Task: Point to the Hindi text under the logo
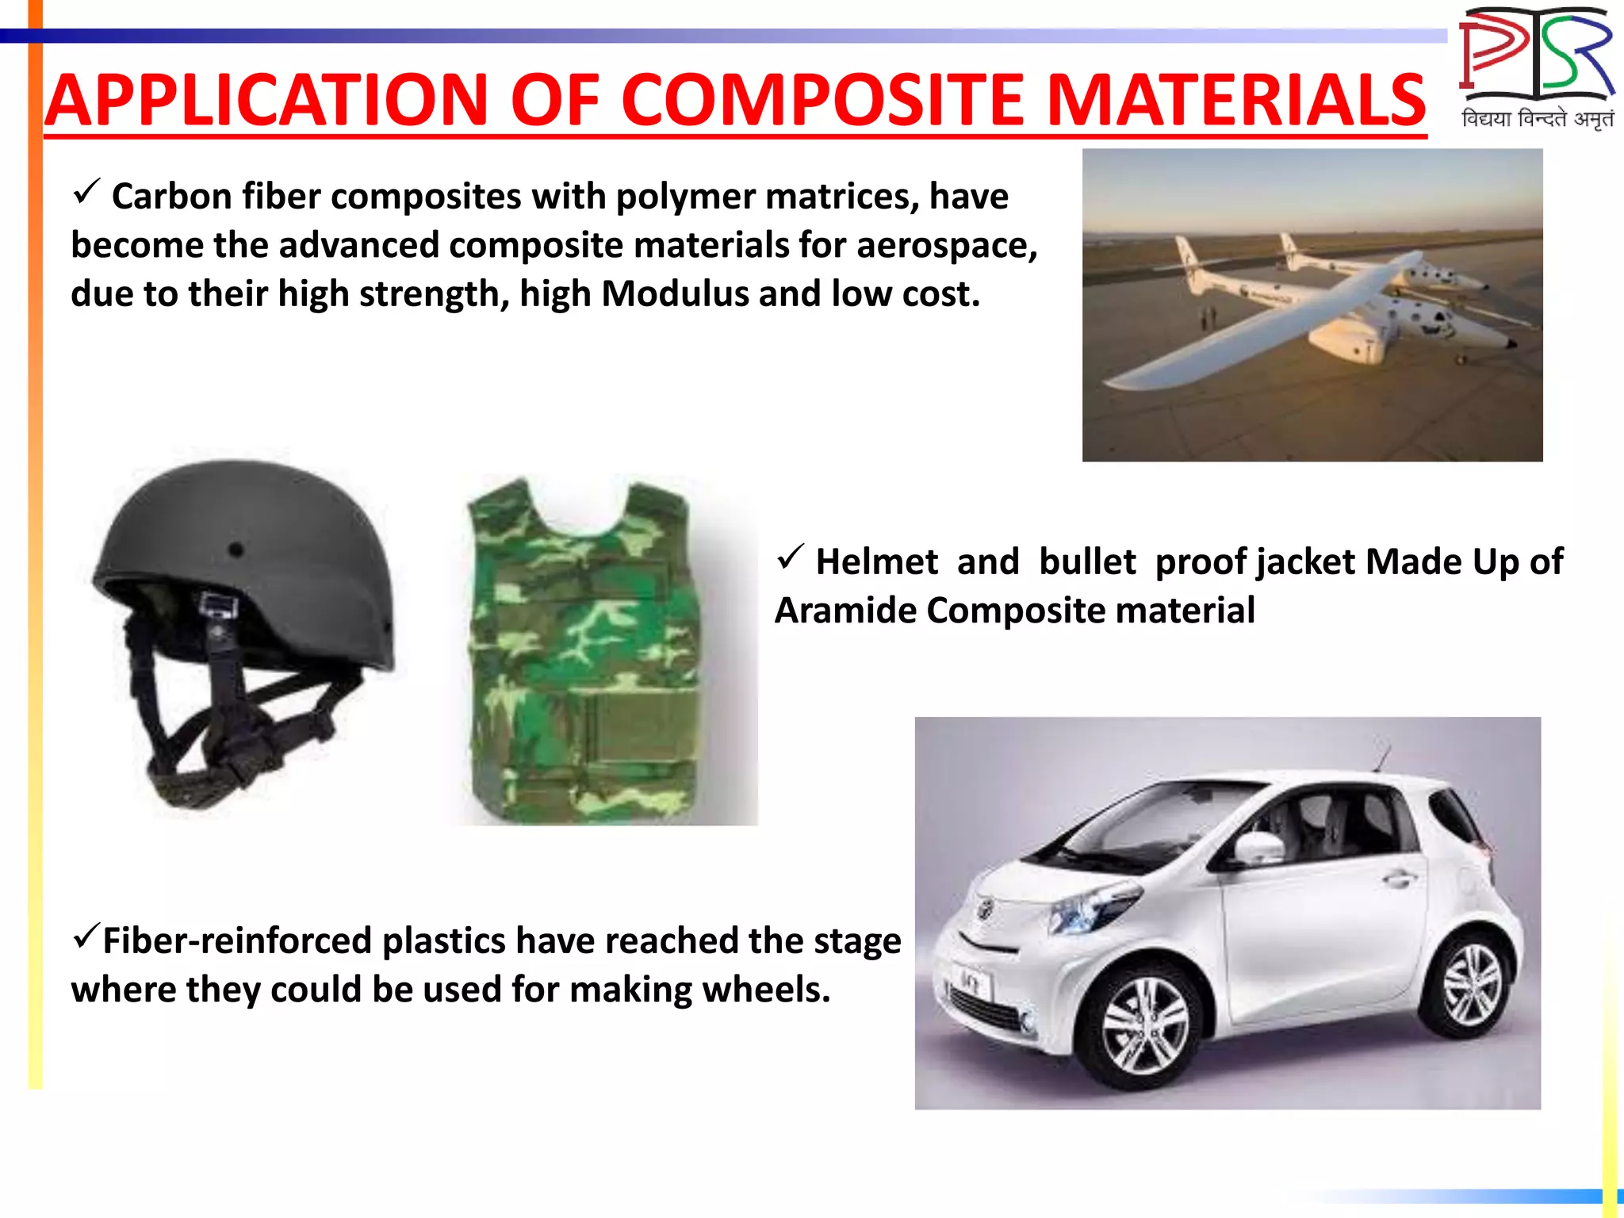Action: [x=1537, y=119]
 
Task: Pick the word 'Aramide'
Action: [x=845, y=611]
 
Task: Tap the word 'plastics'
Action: [x=444, y=941]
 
